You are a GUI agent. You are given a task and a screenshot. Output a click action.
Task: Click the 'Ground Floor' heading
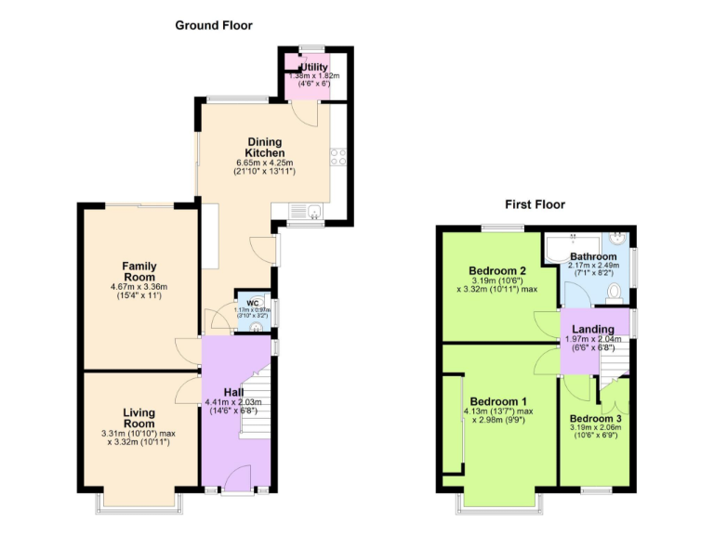coord(214,25)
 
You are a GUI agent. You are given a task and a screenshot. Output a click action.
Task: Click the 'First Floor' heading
coord(535,204)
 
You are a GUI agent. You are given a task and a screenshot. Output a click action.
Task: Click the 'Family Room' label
coord(139,271)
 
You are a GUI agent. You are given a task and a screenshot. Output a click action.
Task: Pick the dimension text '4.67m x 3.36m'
coord(139,286)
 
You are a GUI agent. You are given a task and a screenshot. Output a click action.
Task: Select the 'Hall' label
coord(233,392)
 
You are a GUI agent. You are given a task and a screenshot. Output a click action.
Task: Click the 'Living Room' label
coord(139,419)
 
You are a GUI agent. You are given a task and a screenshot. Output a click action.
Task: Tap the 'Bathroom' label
coord(593,256)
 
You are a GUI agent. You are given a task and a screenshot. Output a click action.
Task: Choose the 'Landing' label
coord(592,329)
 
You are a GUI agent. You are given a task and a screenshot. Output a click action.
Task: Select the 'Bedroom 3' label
coord(596,418)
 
